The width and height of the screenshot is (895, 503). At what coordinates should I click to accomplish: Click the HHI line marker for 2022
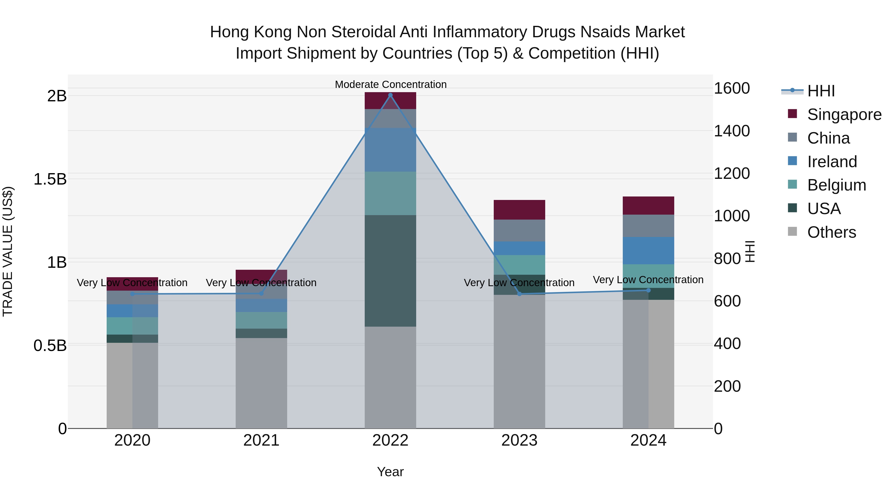390,95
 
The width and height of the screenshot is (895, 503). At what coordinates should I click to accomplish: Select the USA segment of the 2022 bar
390,271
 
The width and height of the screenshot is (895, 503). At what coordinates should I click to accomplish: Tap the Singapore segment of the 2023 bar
519,210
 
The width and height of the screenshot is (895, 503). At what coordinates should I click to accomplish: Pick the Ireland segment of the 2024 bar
648,251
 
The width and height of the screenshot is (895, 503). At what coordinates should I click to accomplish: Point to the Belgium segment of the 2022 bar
390,193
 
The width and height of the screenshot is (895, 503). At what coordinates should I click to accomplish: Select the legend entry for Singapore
844,115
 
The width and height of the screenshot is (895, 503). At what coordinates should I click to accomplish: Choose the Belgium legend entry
836,185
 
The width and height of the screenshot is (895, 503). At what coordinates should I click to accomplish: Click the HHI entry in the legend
821,91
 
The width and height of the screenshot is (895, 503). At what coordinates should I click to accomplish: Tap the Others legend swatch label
831,232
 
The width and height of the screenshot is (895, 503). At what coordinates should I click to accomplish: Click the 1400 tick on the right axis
731,131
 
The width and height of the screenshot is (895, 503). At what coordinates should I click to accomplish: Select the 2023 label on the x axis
519,440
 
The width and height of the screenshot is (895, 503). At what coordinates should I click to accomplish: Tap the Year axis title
390,472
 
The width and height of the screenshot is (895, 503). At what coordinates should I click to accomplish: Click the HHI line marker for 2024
648,290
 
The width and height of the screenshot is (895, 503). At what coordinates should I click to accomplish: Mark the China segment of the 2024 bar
648,226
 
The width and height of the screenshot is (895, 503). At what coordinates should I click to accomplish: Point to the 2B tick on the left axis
57,96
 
